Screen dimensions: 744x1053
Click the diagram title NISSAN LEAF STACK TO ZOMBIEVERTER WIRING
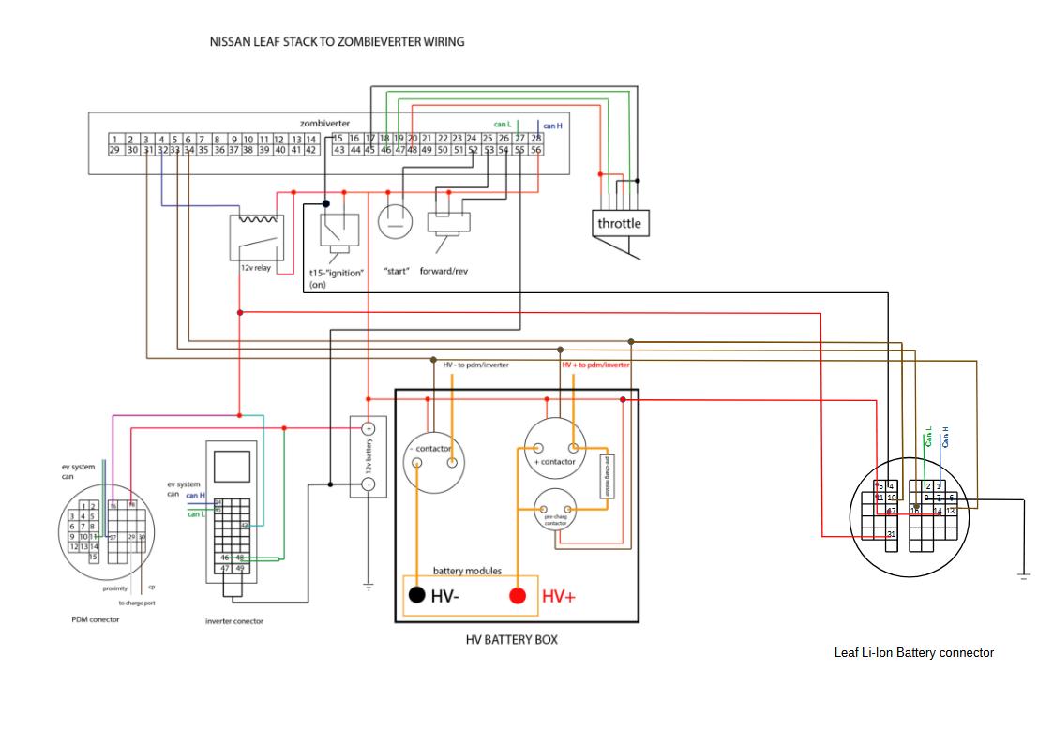(337, 42)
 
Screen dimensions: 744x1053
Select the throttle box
(620, 223)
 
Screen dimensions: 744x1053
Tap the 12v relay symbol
(256, 238)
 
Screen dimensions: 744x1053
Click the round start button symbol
(395, 222)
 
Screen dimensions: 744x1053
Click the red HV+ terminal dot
(517, 595)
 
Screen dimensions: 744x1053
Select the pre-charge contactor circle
(555, 513)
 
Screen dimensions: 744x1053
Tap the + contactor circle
(554, 447)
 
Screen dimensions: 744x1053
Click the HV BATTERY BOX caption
(511, 640)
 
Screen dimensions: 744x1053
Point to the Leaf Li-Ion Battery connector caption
(913, 652)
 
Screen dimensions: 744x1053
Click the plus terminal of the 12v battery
(369, 428)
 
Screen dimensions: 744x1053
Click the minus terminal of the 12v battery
(369, 484)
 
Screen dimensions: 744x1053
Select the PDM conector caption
(96, 619)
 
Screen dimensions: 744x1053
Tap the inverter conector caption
(234, 621)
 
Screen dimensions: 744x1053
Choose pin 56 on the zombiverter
(536, 150)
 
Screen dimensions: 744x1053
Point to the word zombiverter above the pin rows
(325, 123)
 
